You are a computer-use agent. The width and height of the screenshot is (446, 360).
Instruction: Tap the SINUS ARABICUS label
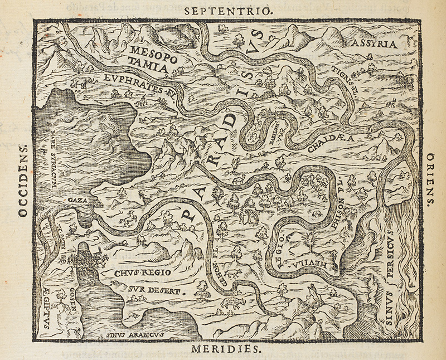128,334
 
